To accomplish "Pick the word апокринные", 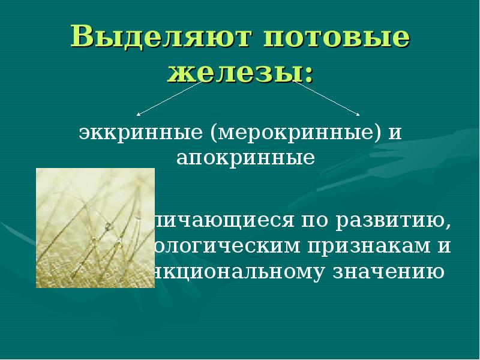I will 245,158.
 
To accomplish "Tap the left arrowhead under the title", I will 139,114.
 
